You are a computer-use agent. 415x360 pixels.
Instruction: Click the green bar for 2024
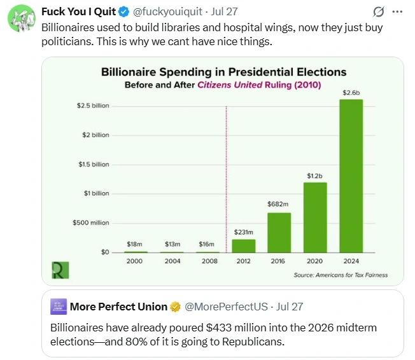(351, 176)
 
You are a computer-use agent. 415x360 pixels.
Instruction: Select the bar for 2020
(315, 218)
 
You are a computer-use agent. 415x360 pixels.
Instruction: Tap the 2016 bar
(279, 233)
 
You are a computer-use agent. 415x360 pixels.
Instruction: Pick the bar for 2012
(244, 246)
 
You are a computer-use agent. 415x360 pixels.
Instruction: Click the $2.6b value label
(351, 93)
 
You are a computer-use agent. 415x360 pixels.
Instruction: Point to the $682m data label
(278, 204)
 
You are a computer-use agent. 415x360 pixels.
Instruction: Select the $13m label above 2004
(172, 244)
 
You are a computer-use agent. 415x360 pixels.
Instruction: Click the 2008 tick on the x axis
(209, 261)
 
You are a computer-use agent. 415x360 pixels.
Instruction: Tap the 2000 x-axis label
(134, 261)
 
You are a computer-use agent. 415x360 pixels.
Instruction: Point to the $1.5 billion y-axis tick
(94, 164)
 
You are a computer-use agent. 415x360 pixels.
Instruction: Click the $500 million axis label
(91, 223)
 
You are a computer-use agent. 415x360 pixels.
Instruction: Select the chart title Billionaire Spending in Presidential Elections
(223, 72)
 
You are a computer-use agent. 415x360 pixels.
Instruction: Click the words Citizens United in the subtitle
(230, 85)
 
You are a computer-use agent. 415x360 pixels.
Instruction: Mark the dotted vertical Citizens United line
(227, 179)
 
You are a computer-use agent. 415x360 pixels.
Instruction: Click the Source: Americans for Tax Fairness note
(341, 275)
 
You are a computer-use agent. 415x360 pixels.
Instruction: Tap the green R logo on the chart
(60, 270)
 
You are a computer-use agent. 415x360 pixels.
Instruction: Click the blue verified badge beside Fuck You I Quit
(123, 11)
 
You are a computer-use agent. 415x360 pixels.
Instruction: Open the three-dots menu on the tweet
(397, 11)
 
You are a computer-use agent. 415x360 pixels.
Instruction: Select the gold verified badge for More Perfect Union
(175, 307)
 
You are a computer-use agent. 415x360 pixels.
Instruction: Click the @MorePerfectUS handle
(226, 307)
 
